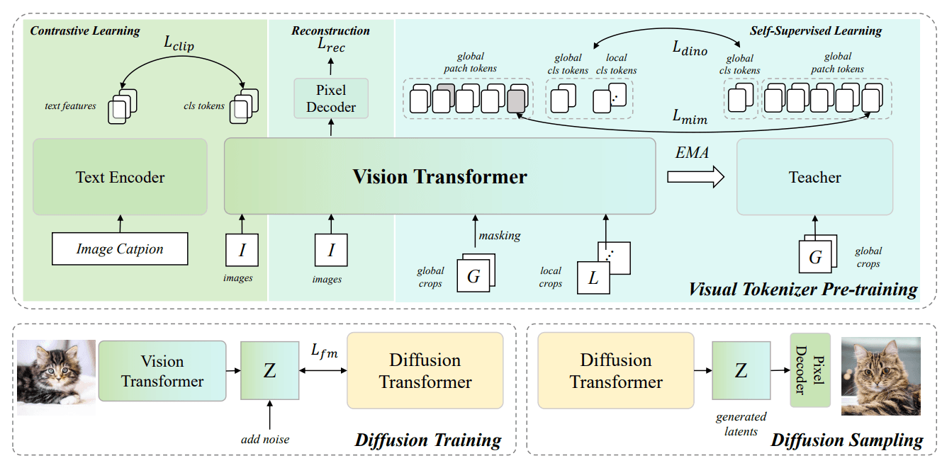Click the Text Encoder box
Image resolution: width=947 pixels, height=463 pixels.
coord(120,177)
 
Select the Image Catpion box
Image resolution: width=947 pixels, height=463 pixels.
coord(120,249)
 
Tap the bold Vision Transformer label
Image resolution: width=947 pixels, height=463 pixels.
coord(439,176)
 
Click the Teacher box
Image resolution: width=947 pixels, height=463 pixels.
coord(814,177)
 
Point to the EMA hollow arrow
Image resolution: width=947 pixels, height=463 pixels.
coord(695,176)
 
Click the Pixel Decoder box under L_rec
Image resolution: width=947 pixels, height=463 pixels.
coord(331,98)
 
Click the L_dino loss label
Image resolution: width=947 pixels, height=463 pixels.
coord(690,48)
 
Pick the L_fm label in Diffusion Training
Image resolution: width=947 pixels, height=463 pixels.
coord(323,351)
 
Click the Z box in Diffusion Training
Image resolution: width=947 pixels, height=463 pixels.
coord(269,370)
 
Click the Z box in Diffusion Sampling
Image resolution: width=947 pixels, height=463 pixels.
coord(741,370)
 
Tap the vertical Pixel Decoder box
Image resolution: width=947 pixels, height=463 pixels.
coord(809,370)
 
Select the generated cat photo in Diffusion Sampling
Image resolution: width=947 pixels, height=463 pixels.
coord(880,376)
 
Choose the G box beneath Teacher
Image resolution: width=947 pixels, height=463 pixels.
coord(815,258)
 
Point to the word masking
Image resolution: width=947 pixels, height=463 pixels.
coord(499,234)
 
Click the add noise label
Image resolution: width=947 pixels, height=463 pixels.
coord(265,440)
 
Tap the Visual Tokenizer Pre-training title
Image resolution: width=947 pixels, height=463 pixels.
coord(802,289)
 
